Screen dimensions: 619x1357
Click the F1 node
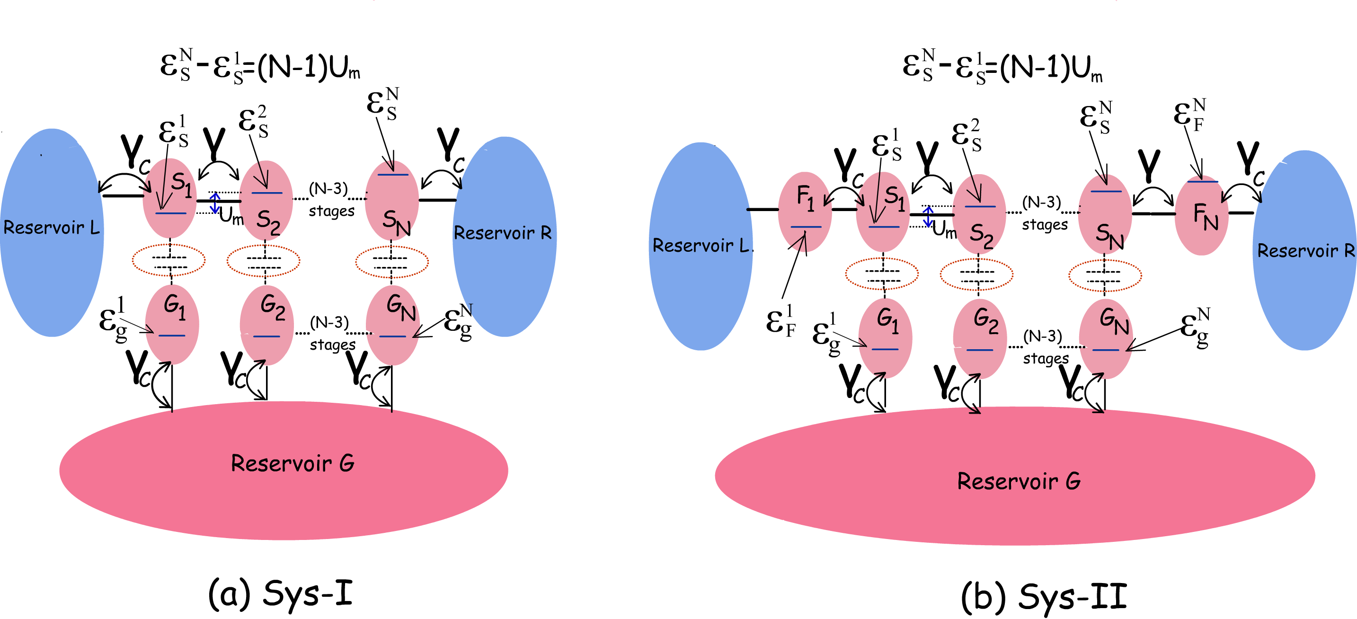pos(805,211)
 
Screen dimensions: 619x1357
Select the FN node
pos(1202,216)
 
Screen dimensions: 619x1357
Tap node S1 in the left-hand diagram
pos(169,197)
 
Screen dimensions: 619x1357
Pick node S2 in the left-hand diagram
pos(266,200)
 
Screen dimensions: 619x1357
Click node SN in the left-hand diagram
pos(392,200)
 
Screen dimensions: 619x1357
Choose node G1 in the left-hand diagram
pos(172,324)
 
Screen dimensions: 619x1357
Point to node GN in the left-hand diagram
pos(393,325)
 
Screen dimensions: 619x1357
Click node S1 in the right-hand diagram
pos(883,211)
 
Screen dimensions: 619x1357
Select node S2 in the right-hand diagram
pos(979,214)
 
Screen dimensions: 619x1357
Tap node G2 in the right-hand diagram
pos(980,338)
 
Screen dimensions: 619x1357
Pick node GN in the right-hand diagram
pos(1106,338)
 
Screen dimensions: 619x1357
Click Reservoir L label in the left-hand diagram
pos(51,228)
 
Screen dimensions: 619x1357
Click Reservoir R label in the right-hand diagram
pos(1305,251)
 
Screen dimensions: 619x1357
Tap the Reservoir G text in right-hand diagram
pos(1018,481)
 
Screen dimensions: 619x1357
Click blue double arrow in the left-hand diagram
pos(215,203)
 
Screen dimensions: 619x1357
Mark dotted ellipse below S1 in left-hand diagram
pos(169,260)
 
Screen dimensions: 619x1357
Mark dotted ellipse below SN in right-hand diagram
pos(1105,275)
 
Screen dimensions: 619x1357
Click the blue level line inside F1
pos(806,227)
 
